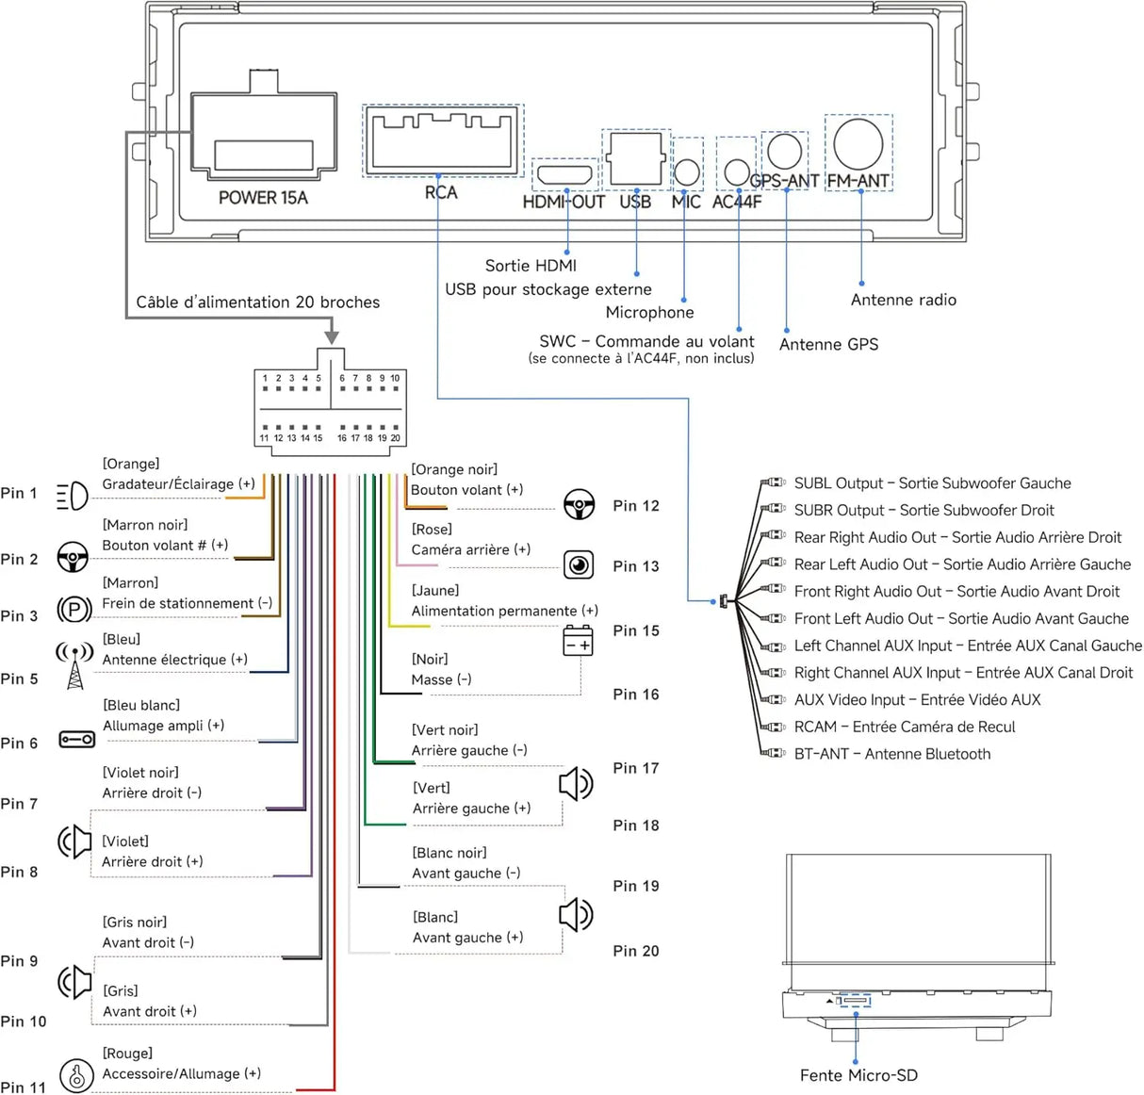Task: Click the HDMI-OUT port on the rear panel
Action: (x=565, y=174)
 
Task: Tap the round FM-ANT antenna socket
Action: (x=858, y=144)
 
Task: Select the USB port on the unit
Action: (x=636, y=158)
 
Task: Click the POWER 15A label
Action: (x=263, y=198)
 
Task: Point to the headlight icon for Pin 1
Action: (x=73, y=496)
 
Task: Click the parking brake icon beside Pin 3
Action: (x=74, y=610)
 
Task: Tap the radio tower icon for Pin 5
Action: (x=74, y=664)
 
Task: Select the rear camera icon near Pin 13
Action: (x=579, y=564)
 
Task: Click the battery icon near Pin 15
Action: (x=578, y=640)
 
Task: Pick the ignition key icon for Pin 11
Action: (x=76, y=1075)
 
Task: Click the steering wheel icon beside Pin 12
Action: (x=579, y=504)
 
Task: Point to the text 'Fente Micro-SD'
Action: (x=858, y=1075)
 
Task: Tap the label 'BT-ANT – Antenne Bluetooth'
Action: (x=891, y=754)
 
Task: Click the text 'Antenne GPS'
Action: (x=828, y=344)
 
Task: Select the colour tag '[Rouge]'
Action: (x=127, y=1053)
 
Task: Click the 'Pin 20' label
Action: (x=635, y=951)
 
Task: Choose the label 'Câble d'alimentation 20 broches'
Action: (x=257, y=302)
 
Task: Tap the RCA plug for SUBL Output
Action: (x=773, y=482)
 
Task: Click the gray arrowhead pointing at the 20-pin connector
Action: (x=332, y=337)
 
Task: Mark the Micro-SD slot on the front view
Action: (x=855, y=1001)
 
